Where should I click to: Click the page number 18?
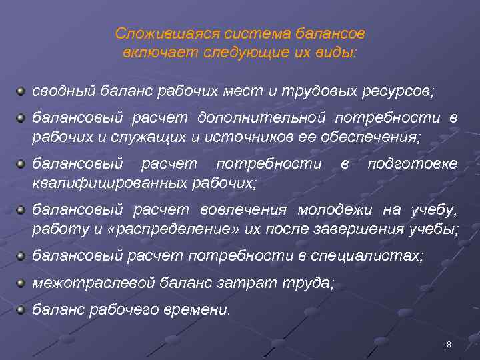[x=447, y=344]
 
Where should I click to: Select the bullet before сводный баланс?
[x=21, y=88]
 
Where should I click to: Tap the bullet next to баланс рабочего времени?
[x=21, y=309]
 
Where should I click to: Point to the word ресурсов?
[x=398, y=89]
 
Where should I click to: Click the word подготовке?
[x=413, y=163]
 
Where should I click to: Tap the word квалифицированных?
[x=110, y=182]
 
